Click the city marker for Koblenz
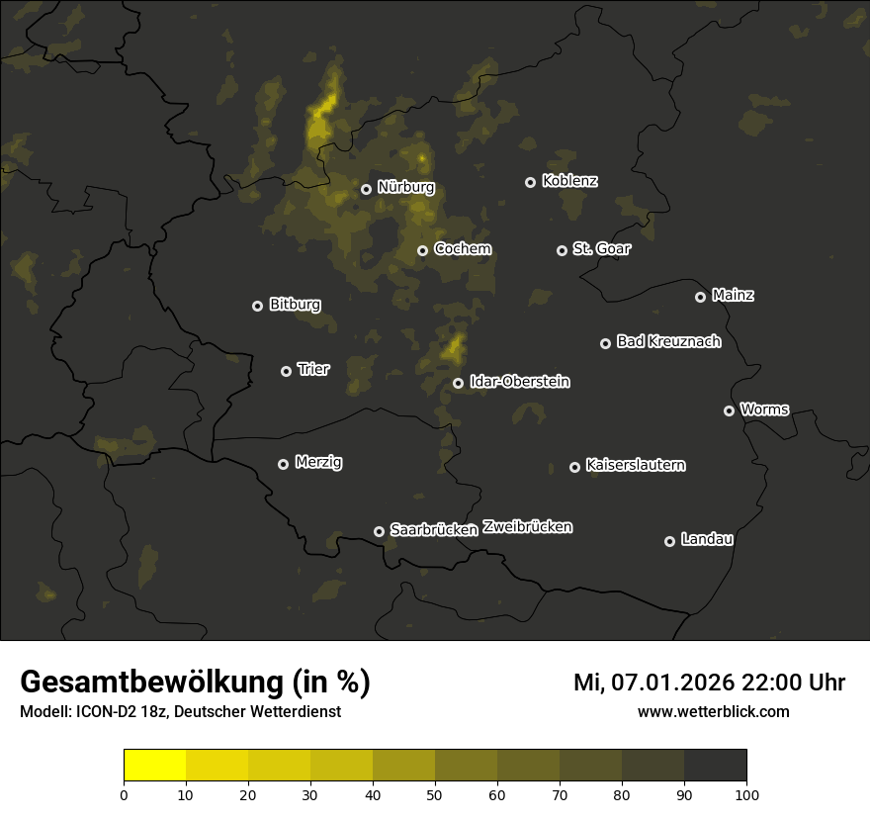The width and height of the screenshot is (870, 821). (x=530, y=182)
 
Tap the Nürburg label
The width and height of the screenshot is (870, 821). (x=405, y=187)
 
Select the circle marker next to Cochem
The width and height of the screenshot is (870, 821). (x=422, y=250)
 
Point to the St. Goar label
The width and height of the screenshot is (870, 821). (x=601, y=248)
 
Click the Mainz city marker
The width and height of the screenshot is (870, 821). (x=700, y=297)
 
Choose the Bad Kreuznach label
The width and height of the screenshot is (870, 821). (x=668, y=341)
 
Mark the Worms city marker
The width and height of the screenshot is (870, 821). (x=729, y=410)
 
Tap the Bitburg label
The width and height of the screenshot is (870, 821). (x=295, y=305)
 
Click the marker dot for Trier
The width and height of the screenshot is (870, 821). (x=286, y=371)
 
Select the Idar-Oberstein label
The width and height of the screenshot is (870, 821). (x=519, y=381)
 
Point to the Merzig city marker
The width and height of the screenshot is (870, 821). (x=283, y=464)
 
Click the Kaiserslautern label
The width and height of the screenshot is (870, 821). (x=635, y=465)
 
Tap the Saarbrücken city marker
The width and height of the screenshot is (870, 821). (x=379, y=531)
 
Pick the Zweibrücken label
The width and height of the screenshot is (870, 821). (x=527, y=527)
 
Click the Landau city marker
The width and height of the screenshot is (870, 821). (x=669, y=541)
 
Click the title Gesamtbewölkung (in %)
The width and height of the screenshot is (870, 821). (x=195, y=683)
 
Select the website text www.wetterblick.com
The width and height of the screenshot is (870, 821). (x=713, y=711)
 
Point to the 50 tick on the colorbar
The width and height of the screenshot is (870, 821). (x=435, y=793)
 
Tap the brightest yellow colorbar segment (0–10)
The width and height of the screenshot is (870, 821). (x=155, y=765)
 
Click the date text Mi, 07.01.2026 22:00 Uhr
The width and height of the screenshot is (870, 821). (x=709, y=683)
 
